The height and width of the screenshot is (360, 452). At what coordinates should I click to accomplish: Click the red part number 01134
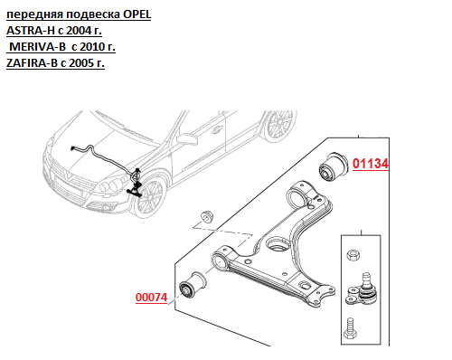(x=371, y=164)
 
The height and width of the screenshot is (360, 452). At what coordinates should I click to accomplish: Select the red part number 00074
(x=151, y=298)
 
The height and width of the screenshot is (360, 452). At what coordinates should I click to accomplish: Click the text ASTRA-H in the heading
(x=31, y=31)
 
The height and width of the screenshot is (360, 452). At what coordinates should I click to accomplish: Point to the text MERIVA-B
(x=38, y=47)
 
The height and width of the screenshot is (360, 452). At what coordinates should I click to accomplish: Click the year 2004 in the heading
(x=80, y=31)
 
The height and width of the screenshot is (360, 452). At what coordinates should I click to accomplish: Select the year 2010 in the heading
(x=93, y=47)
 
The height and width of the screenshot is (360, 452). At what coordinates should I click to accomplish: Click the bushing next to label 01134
(x=334, y=166)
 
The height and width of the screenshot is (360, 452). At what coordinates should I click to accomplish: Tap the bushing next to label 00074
(x=193, y=285)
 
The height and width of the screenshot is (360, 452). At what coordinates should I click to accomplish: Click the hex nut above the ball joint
(x=353, y=255)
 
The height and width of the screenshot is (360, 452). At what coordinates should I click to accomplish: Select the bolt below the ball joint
(x=351, y=328)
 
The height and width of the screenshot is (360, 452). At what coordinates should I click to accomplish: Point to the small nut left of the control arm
(x=207, y=215)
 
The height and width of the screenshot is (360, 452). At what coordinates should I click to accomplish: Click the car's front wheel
(x=149, y=197)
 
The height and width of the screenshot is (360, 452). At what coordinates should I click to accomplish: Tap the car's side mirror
(x=187, y=138)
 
